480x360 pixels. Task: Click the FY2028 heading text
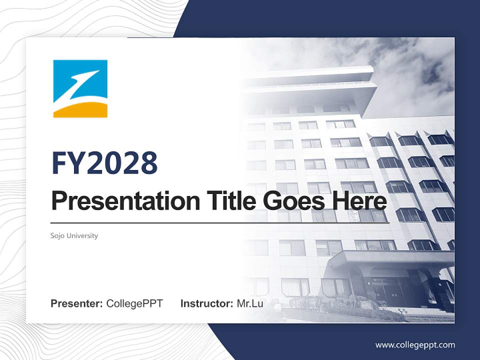point(104,162)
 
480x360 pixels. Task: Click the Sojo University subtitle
point(74,235)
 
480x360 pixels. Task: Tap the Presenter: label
point(77,303)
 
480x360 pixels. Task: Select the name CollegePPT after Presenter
point(134,303)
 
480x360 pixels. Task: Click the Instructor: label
point(206,303)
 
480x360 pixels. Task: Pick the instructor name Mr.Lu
point(249,303)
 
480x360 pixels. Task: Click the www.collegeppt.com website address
point(415,344)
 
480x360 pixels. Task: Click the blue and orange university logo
point(80,88)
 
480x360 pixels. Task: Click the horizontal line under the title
point(220,222)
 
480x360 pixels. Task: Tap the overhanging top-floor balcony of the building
point(320,90)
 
